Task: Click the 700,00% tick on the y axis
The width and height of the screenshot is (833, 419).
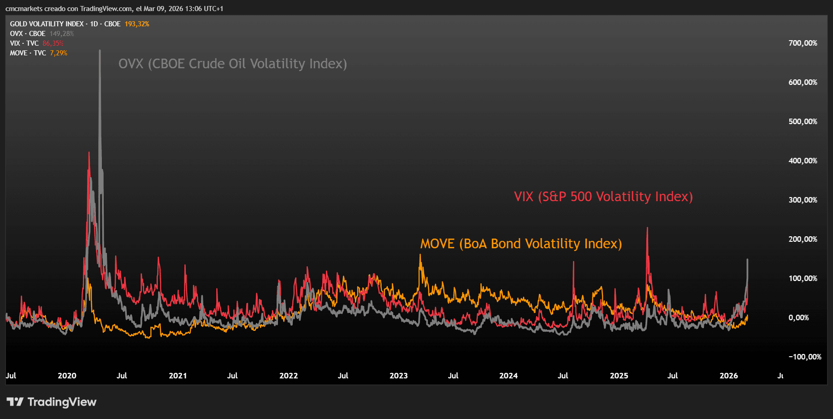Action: pyautogui.click(x=803, y=43)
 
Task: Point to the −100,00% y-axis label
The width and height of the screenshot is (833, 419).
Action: pyautogui.click(x=804, y=357)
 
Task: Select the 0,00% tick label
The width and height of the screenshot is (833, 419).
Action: pyautogui.click(x=798, y=317)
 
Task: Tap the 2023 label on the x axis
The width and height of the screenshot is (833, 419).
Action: pyautogui.click(x=398, y=376)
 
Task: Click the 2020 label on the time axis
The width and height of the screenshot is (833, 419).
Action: pyautogui.click(x=67, y=376)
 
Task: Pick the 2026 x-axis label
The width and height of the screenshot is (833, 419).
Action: pyautogui.click(x=728, y=376)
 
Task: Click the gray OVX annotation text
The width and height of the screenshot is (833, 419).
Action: pyautogui.click(x=232, y=64)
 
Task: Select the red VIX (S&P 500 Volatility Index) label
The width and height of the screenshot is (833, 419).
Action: pyautogui.click(x=603, y=197)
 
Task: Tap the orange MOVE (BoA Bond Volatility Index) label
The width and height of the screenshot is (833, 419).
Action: pyautogui.click(x=521, y=244)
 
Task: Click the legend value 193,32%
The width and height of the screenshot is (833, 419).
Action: pyautogui.click(x=137, y=24)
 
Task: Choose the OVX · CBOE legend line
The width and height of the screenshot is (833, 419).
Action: pyautogui.click(x=28, y=34)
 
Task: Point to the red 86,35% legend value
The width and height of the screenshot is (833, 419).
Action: pyautogui.click(x=53, y=43)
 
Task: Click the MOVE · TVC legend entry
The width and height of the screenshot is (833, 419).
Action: pyautogui.click(x=28, y=53)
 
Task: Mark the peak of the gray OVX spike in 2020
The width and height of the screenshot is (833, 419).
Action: pyautogui.click(x=100, y=51)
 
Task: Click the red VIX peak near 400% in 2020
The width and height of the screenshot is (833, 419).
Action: pyautogui.click(x=89, y=153)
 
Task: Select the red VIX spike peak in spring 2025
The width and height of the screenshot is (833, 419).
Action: pyautogui.click(x=647, y=228)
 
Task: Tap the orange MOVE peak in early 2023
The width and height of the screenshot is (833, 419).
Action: pyautogui.click(x=420, y=255)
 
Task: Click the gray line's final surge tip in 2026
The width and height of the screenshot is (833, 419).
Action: pyautogui.click(x=747, y=260)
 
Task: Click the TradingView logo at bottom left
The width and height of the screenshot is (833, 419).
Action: pyautogui.click(x=51, y=402)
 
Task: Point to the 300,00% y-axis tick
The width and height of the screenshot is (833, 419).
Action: pyautogui.click(x=803, y=200)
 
